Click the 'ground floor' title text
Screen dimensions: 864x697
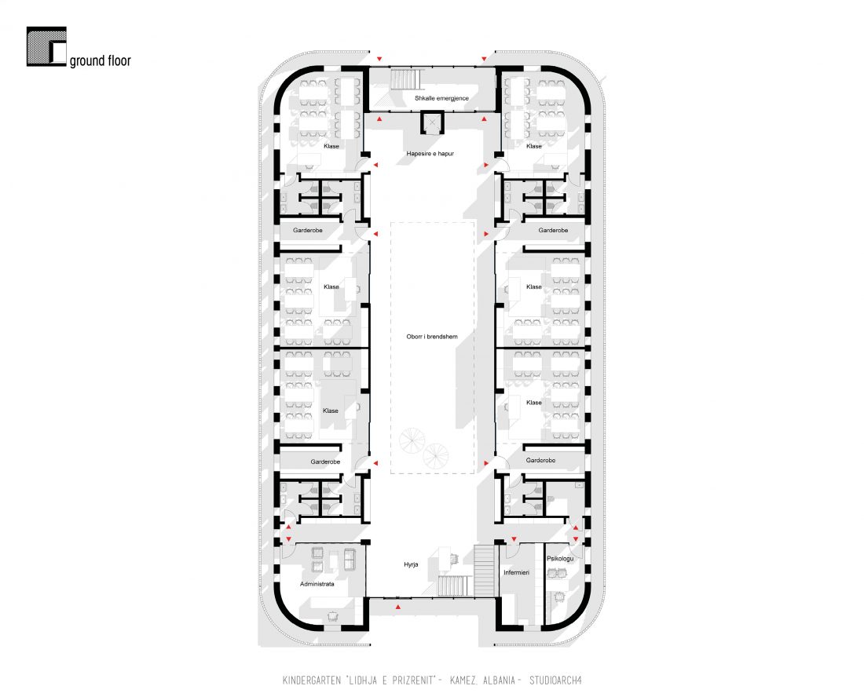click(101, 61)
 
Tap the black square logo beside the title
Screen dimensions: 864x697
click(46, 47)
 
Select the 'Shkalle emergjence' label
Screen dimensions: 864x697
click(442, 99)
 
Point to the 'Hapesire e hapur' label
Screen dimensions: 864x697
click(430, 154)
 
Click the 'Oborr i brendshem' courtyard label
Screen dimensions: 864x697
click(432, 337)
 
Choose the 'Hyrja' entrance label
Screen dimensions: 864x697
click(411, 565)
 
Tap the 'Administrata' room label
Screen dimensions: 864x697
click(317, 584)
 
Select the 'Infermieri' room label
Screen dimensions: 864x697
click(516, 572)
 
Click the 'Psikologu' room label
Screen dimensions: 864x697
click(560, 559)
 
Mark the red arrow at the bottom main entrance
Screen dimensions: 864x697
click(398, 607)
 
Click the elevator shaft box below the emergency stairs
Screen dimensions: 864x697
click(432, 122)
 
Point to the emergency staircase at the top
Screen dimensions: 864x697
click(405, 78)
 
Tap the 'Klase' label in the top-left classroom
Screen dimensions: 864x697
click(331, 147)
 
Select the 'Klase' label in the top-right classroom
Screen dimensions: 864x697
click(534, 147)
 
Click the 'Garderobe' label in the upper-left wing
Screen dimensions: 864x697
click(308, 230)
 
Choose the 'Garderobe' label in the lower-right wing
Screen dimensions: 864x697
click(540, 460)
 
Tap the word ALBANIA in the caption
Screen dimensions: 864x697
click(499, 681)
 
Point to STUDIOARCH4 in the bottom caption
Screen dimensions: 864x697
click(555, 681)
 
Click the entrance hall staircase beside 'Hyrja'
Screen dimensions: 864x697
click(456, 586)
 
